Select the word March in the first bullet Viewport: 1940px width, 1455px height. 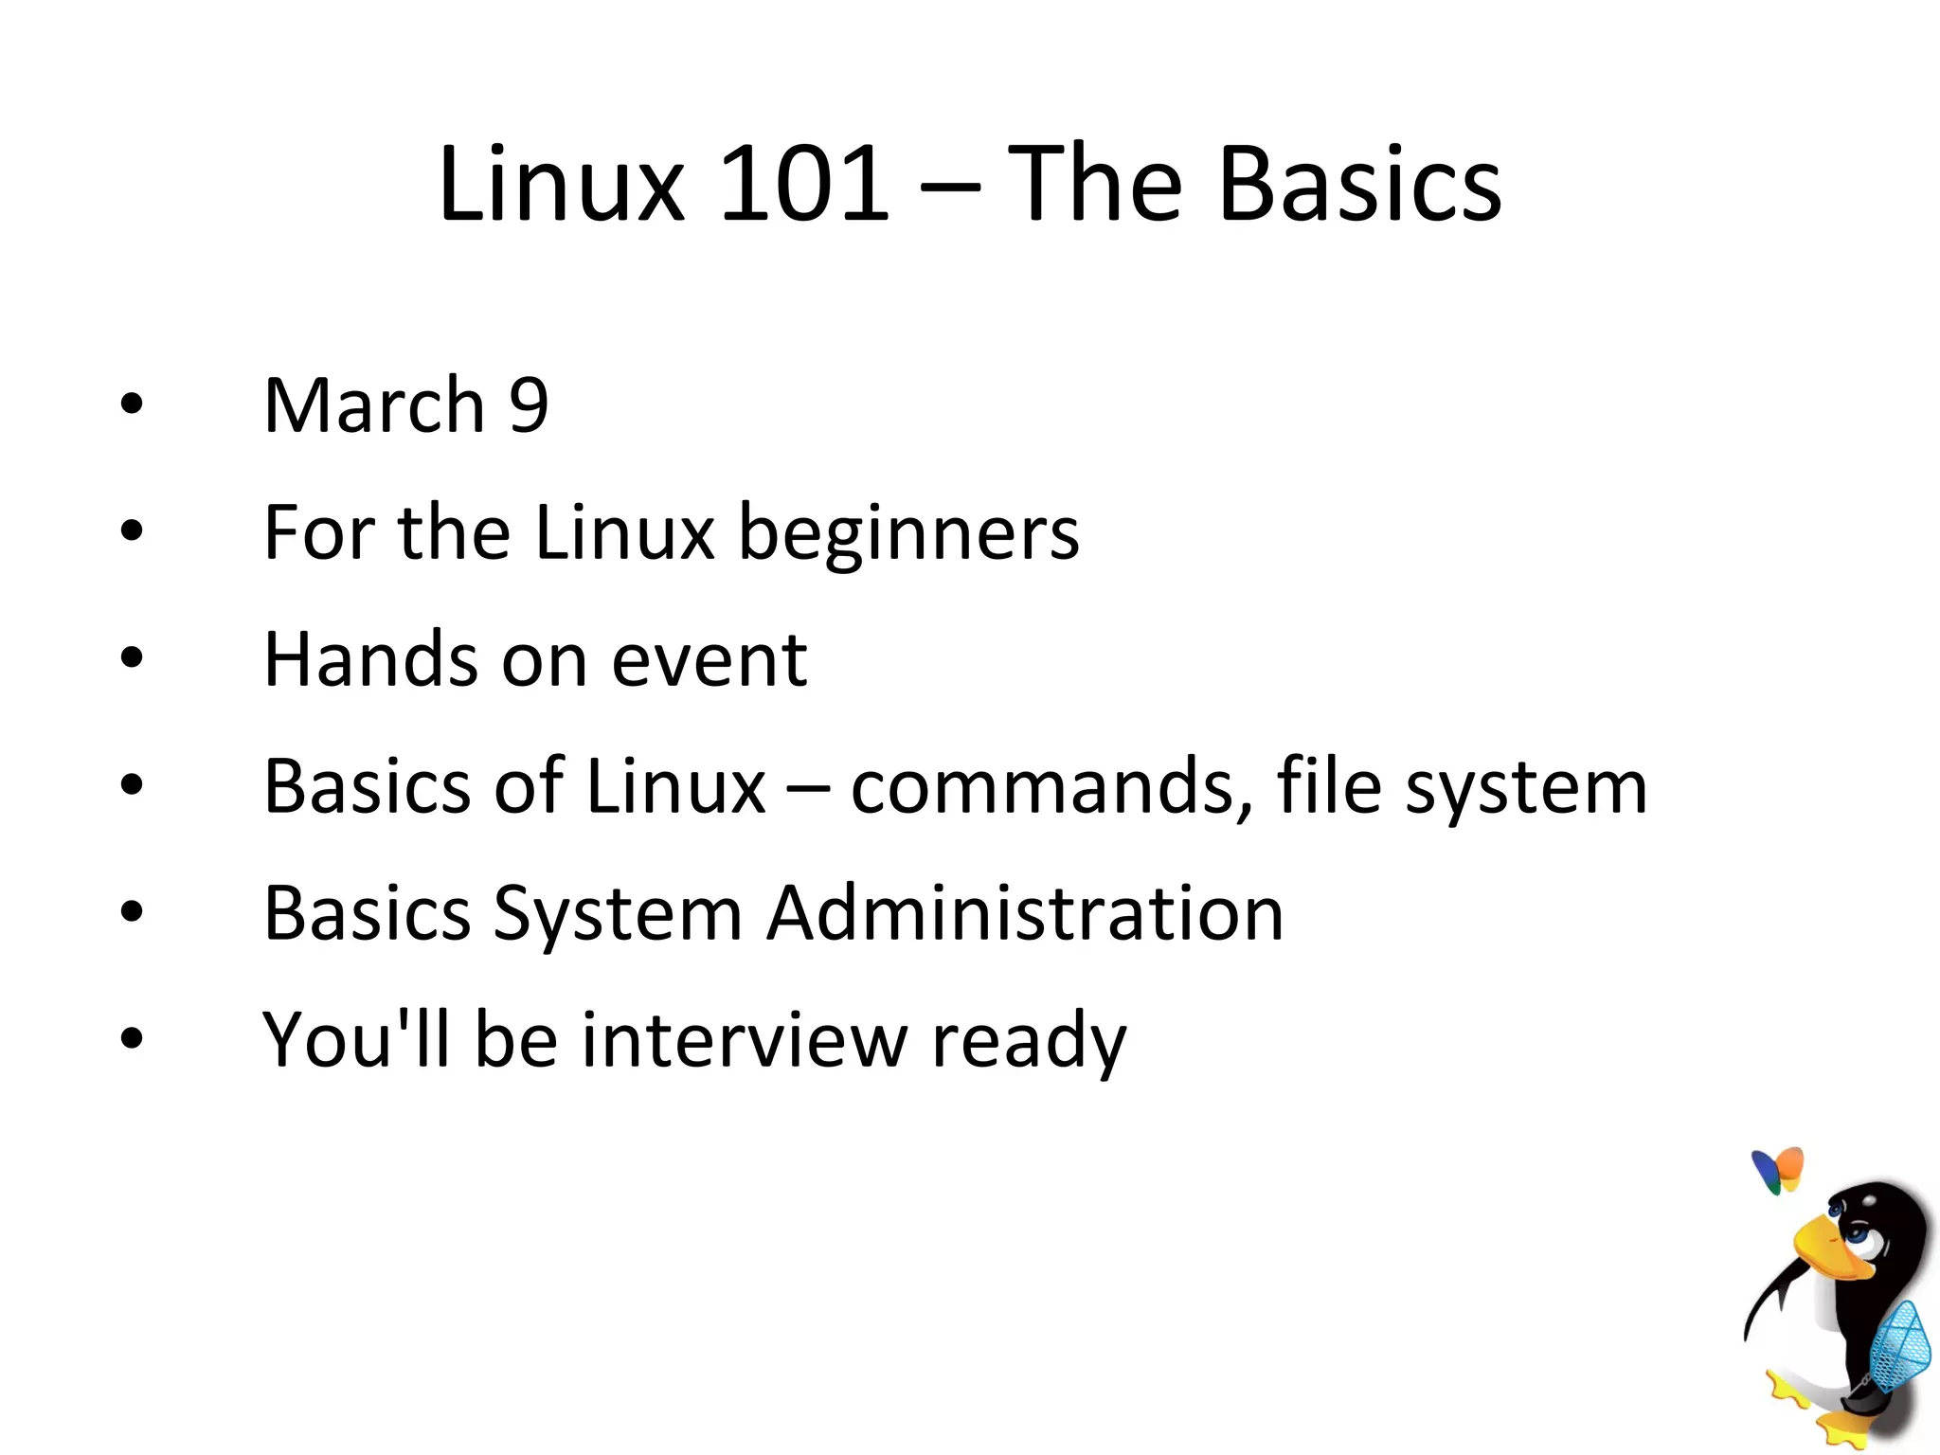click(374, 405)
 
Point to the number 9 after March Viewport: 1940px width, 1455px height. click(529, 405)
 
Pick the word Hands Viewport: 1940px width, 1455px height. click(370, 659)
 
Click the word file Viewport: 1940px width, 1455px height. click(1328, 785)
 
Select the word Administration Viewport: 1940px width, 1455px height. click(1025, 913)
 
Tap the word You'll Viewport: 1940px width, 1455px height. click(355, 1040)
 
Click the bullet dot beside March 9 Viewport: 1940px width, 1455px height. click(132, 404)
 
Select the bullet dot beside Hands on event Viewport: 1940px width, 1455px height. click(132, 657)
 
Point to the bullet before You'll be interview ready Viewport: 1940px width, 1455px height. click(132, 1038)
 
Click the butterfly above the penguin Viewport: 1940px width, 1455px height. click(1778, 1171)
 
